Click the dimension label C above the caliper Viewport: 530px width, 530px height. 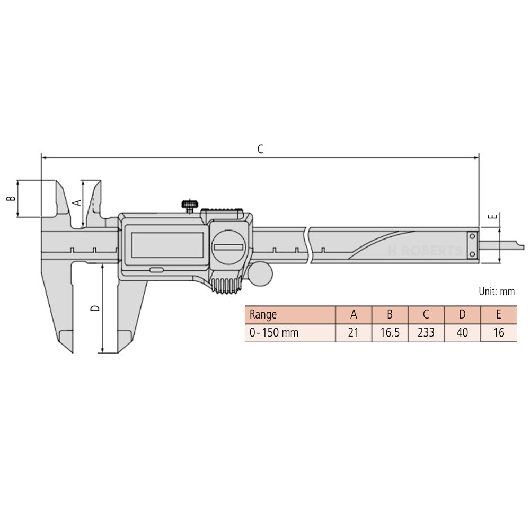(x=260, y=149)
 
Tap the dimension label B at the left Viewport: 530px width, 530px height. (x=10, y=198)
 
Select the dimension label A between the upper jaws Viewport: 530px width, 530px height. (x=75, y=202)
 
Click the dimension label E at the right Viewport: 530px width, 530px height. (x=492, y=216)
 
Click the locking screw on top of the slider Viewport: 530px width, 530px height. (x=189, y=205)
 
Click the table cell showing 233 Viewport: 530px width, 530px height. (x=426, y=333)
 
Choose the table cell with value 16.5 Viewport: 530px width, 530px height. (x=390, y=333)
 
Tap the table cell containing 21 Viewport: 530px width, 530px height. (x=354, y=333)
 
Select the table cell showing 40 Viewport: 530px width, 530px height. (x=462, y=333)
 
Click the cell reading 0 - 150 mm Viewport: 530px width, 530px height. (x=274, y=333)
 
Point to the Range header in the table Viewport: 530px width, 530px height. (x=263, y=315)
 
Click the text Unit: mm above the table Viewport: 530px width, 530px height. (x=497, y=291)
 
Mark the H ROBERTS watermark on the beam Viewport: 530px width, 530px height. (x=425, y=251)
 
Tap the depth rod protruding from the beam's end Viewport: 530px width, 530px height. (x=501, y=245)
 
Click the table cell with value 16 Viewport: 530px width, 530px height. (x=498, y=333)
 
